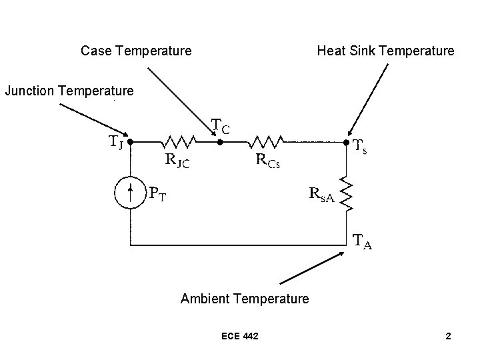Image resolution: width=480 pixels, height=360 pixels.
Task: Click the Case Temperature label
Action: (136, 51)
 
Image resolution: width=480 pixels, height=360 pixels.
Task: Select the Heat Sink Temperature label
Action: (385, 51)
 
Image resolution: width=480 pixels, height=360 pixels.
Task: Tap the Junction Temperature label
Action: (69, 90)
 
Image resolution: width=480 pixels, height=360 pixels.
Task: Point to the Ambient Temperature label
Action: (245, 299)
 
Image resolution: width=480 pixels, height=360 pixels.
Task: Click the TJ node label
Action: (115, 143)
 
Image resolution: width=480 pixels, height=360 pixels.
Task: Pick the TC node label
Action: (221, 126)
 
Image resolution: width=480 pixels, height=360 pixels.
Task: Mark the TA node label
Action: (363, 243)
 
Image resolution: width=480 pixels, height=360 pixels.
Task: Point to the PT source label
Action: (158, 194)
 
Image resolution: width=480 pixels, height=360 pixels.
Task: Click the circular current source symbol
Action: (130, 193)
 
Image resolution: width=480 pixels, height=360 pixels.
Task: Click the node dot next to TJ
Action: (130, 142)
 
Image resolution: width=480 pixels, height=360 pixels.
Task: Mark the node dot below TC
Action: (219, 142)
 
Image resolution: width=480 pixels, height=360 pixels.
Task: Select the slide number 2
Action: (449, 336)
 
